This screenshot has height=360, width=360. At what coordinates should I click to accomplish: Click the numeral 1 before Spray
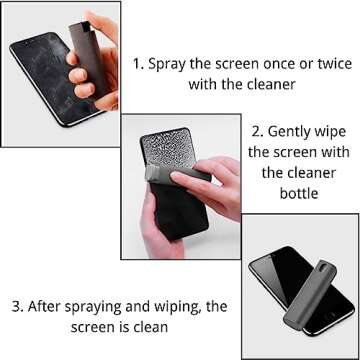click(139, 63)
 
